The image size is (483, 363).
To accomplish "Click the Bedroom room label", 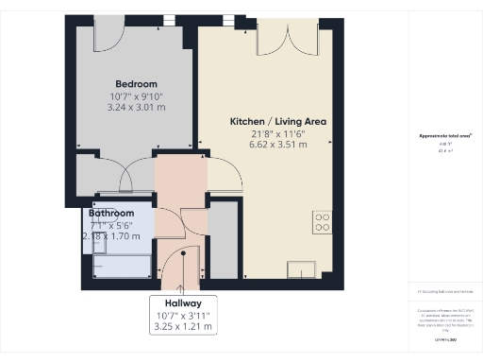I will click(136, 83).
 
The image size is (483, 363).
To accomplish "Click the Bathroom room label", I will click(111, 214).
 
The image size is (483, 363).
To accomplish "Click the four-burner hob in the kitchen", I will click(323, 222).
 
